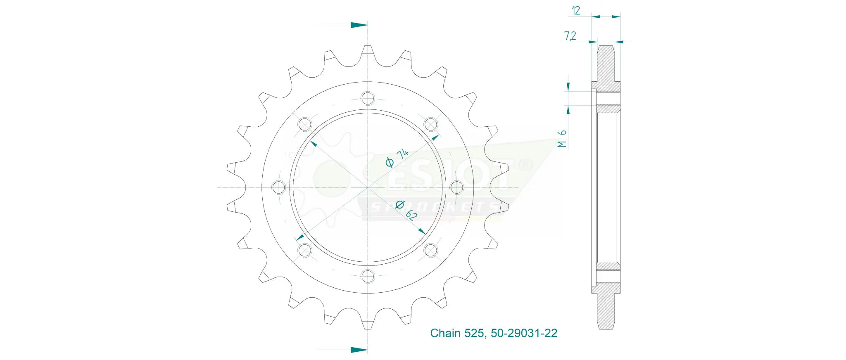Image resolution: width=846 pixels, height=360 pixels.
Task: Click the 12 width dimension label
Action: [576, 10]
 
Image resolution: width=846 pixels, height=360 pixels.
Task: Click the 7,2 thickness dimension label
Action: [570, 36]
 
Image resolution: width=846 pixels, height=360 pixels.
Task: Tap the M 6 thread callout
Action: [562, 139]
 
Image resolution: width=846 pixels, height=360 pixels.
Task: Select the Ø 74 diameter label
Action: [397, 158]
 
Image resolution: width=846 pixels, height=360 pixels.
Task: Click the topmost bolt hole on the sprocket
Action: [368, 98]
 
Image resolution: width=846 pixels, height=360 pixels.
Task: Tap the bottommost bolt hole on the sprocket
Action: [368, 276]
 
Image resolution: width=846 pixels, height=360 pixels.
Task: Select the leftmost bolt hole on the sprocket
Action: [279, 187]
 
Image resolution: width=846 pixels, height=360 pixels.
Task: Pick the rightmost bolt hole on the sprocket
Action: [456, 187]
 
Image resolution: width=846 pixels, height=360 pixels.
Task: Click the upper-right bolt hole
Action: [430, 124]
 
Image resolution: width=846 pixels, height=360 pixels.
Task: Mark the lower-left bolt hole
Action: [305, 250]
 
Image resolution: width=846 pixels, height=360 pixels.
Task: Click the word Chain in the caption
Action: [445, 333]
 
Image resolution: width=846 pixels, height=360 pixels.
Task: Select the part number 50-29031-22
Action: [524, 333]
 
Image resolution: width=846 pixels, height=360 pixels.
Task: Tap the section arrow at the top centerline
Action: [342, 25]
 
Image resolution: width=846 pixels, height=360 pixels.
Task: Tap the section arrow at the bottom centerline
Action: [342, 350]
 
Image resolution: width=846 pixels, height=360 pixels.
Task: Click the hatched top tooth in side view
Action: [606, 68]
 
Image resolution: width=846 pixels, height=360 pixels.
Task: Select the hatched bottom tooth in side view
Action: [606, 306]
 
